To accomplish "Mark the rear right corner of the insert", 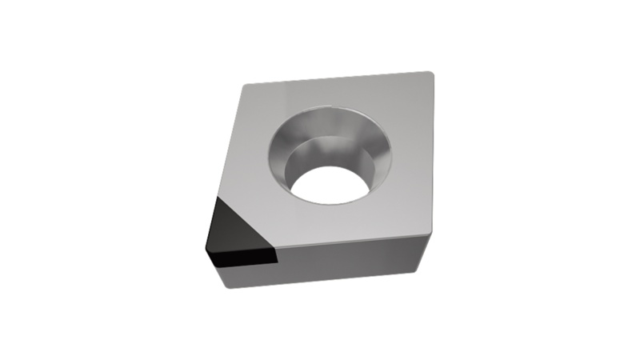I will click(431, 75).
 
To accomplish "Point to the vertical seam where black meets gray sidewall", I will click(276, 264).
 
